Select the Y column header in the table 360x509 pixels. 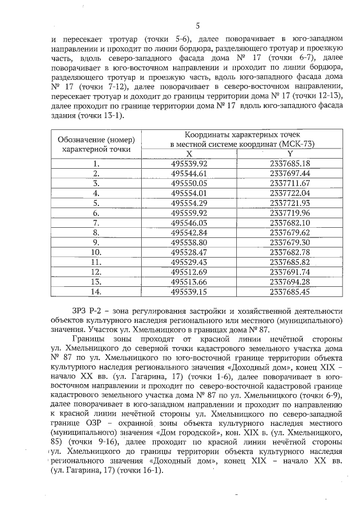click(290, 154)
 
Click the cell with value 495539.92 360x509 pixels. click(189, 164)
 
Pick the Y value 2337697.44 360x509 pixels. click(290, 174)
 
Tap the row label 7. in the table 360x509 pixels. click(96, 223)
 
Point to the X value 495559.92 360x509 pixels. click(189, 213)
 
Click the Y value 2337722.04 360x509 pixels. click(290, 193)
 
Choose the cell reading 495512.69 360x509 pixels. click(189, 272)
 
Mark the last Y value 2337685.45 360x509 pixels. click(290, 292)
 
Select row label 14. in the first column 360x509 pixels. click(96, 292)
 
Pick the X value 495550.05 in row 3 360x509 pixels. click(189, 183)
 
